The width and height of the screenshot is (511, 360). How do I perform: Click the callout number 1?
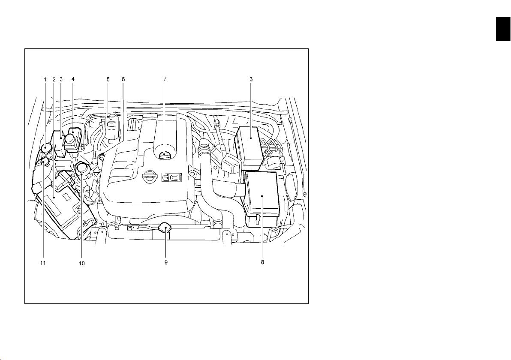pos(45,79)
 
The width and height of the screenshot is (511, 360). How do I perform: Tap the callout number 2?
pos(54,79)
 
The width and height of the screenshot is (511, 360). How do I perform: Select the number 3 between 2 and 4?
pos(61,79)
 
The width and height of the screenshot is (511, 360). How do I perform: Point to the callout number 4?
pos(73,79)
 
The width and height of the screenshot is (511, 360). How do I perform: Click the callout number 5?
pos(108,79)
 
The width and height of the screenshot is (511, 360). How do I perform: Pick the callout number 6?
pos(123,79)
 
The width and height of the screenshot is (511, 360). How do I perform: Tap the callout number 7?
pos(165,79)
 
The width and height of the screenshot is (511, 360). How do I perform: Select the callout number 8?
pos(262,262)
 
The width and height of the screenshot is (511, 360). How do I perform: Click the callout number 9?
pos(166,262)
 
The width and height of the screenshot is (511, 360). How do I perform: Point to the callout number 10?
pos(82,263)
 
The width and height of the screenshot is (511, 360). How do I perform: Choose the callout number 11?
pos(43,263)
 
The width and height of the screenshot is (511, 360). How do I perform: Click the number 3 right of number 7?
pos(251,79)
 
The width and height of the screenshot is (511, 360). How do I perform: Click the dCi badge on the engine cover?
pos(171,177)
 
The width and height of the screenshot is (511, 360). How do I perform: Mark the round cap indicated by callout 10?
pos(83,170)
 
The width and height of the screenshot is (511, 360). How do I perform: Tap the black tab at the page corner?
pos(504,29)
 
